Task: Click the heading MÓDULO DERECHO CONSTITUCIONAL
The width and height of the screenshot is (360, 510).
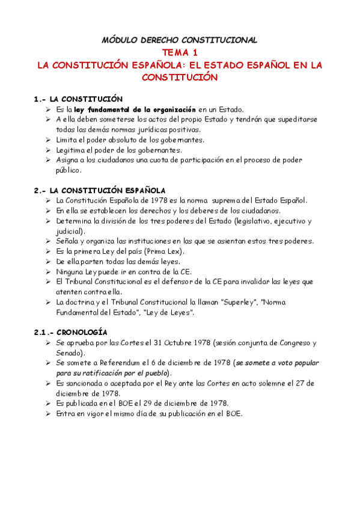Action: [x=180, y=40]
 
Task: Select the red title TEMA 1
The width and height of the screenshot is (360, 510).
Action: [x=180, y=53]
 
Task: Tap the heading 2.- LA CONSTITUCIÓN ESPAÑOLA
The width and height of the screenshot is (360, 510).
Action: [x=100, y=190]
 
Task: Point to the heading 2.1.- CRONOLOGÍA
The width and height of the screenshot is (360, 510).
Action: [x=71, y=332]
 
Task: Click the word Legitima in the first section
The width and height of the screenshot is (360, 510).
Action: [x=70, y=150]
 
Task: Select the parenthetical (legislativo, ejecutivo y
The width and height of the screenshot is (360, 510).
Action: [x=261, y=221]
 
